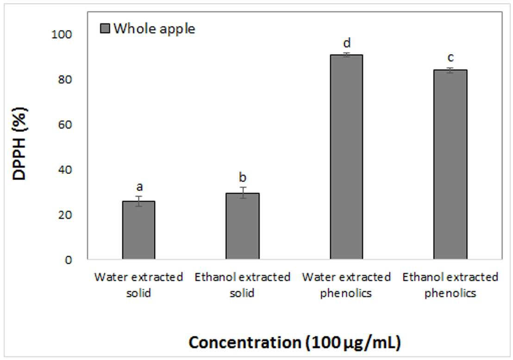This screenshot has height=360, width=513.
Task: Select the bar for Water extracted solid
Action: [x=139, y=230]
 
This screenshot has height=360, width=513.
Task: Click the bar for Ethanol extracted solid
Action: [x=243, y=226]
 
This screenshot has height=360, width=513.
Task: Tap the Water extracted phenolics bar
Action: [x=346, y=157]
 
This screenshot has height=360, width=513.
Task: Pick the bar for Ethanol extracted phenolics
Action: [x=450, y=164]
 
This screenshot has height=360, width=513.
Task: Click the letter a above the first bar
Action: [x=140, y=187]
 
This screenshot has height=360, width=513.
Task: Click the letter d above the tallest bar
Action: [x=347, y=43]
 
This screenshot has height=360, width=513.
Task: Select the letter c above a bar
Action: [x=450, y=57]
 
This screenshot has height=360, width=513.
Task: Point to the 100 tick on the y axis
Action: [x=62, y=34]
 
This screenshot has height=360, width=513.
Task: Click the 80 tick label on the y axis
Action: [x=65, y=80]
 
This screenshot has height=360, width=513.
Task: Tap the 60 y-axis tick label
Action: [x=65, y=124]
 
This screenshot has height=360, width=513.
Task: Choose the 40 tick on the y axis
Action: [x=65, y=170]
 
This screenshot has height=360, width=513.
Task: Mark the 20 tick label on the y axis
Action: [x=65, y=215]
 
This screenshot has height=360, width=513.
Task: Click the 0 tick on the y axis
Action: [x=69, y=260]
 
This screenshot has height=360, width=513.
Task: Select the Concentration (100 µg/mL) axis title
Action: [x=295, y=342]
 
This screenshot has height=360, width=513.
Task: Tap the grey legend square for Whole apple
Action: [x=105, y=28]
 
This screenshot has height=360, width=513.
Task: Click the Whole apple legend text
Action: [x=154, y=29]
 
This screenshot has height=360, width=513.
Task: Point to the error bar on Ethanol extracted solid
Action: [x=243, y=192]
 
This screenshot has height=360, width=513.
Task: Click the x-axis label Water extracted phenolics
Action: [x=346, y=285]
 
